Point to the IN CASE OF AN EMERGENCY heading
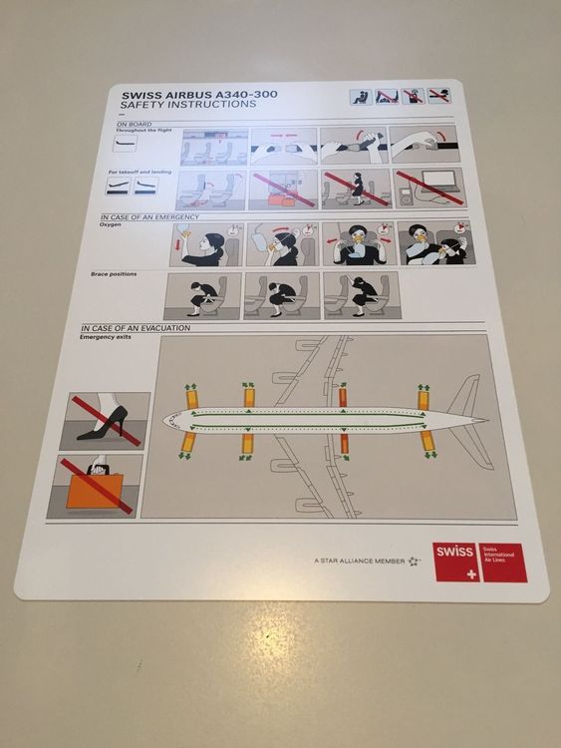tap(149, 216)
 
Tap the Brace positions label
tap(113, 273)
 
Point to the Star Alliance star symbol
tap(414, 561)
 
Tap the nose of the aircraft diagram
tap(171, 420)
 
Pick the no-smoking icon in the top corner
tap(439, 96)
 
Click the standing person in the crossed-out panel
tap(357, 187)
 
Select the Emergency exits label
tap(105, 337)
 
